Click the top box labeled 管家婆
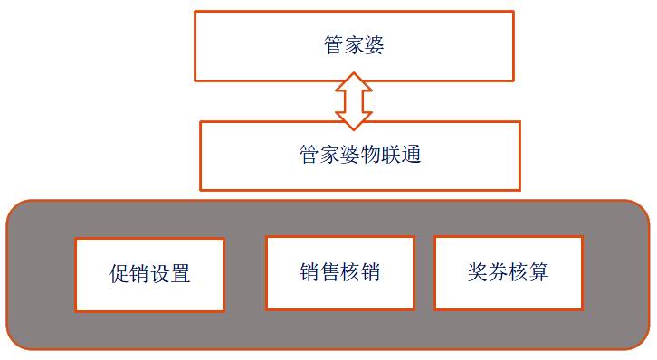click(x=354, y=45)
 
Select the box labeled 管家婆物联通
click(x=360, y=156)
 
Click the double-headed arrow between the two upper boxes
click(x=354, y=101)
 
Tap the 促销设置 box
click(x=149, y=274)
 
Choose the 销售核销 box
click(x=339, y=272)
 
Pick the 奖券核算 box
click(x=508, y=272)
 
